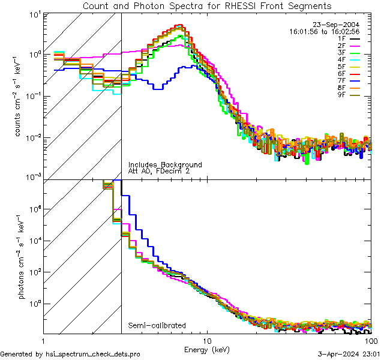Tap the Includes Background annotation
click(x=165, y=164)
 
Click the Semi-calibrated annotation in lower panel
click(x=157, y=326)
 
